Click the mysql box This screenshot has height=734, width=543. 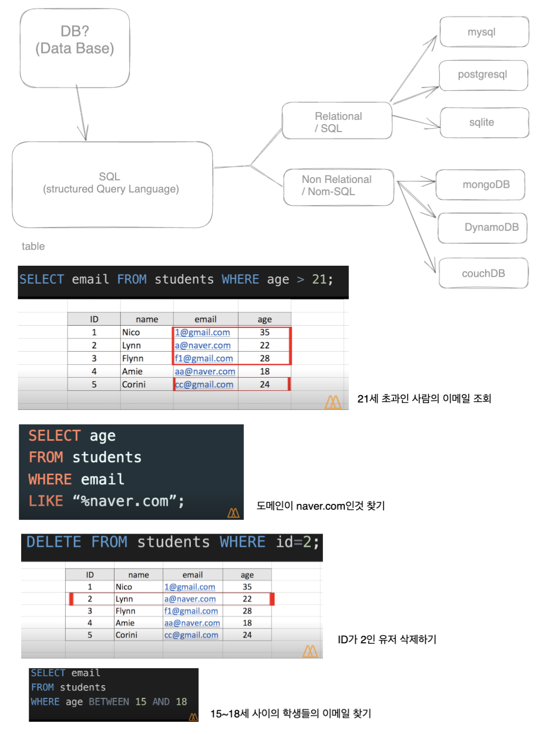[x=484, y=32]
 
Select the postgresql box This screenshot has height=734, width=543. [x=483, y=75]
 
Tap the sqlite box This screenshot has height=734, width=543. [x=484, y=123]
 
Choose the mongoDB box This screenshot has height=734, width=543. [x=480, y=185]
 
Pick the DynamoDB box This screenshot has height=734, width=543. [x=483, y=228]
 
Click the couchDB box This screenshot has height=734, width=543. [x=483, y=273]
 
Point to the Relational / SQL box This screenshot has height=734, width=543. [x=337, y=121]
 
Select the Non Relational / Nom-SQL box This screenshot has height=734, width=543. [x=338, y=187]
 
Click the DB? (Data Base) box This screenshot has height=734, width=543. [x=75, y=48]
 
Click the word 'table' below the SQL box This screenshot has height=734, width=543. [x=33, y=246]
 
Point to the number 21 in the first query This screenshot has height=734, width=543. [x=319, y=279]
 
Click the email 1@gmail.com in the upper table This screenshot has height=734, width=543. [x=203, y=333]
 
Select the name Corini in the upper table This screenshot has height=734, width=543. [x=134, y=385]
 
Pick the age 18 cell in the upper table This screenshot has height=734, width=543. [x=265, y=371]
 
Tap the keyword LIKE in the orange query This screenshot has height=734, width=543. [x=46, y=501]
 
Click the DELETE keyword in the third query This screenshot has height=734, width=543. [x=54, y=542]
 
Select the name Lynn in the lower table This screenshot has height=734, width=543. [x=125, y=599]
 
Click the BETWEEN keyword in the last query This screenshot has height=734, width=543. [x=109, y=702]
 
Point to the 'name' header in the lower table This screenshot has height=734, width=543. [x=138, y=575]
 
